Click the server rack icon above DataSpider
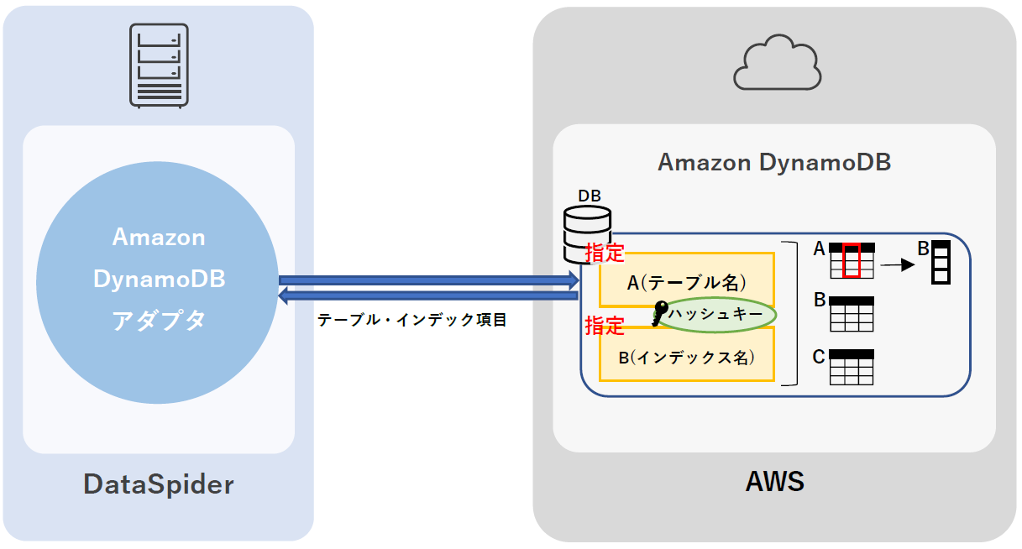pos(158,65)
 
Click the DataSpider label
pos(159,484)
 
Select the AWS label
pos(774,482)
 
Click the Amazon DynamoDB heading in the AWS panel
pos(773,162)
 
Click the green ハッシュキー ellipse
pos(716,315)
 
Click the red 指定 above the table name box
pos(605,254)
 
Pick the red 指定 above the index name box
pos(605,326)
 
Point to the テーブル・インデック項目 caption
pos(411,320)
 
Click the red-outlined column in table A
pos(852,260)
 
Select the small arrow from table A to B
pos(896,265)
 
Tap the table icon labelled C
pos(852,367)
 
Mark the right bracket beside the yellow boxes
pos(789,313)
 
